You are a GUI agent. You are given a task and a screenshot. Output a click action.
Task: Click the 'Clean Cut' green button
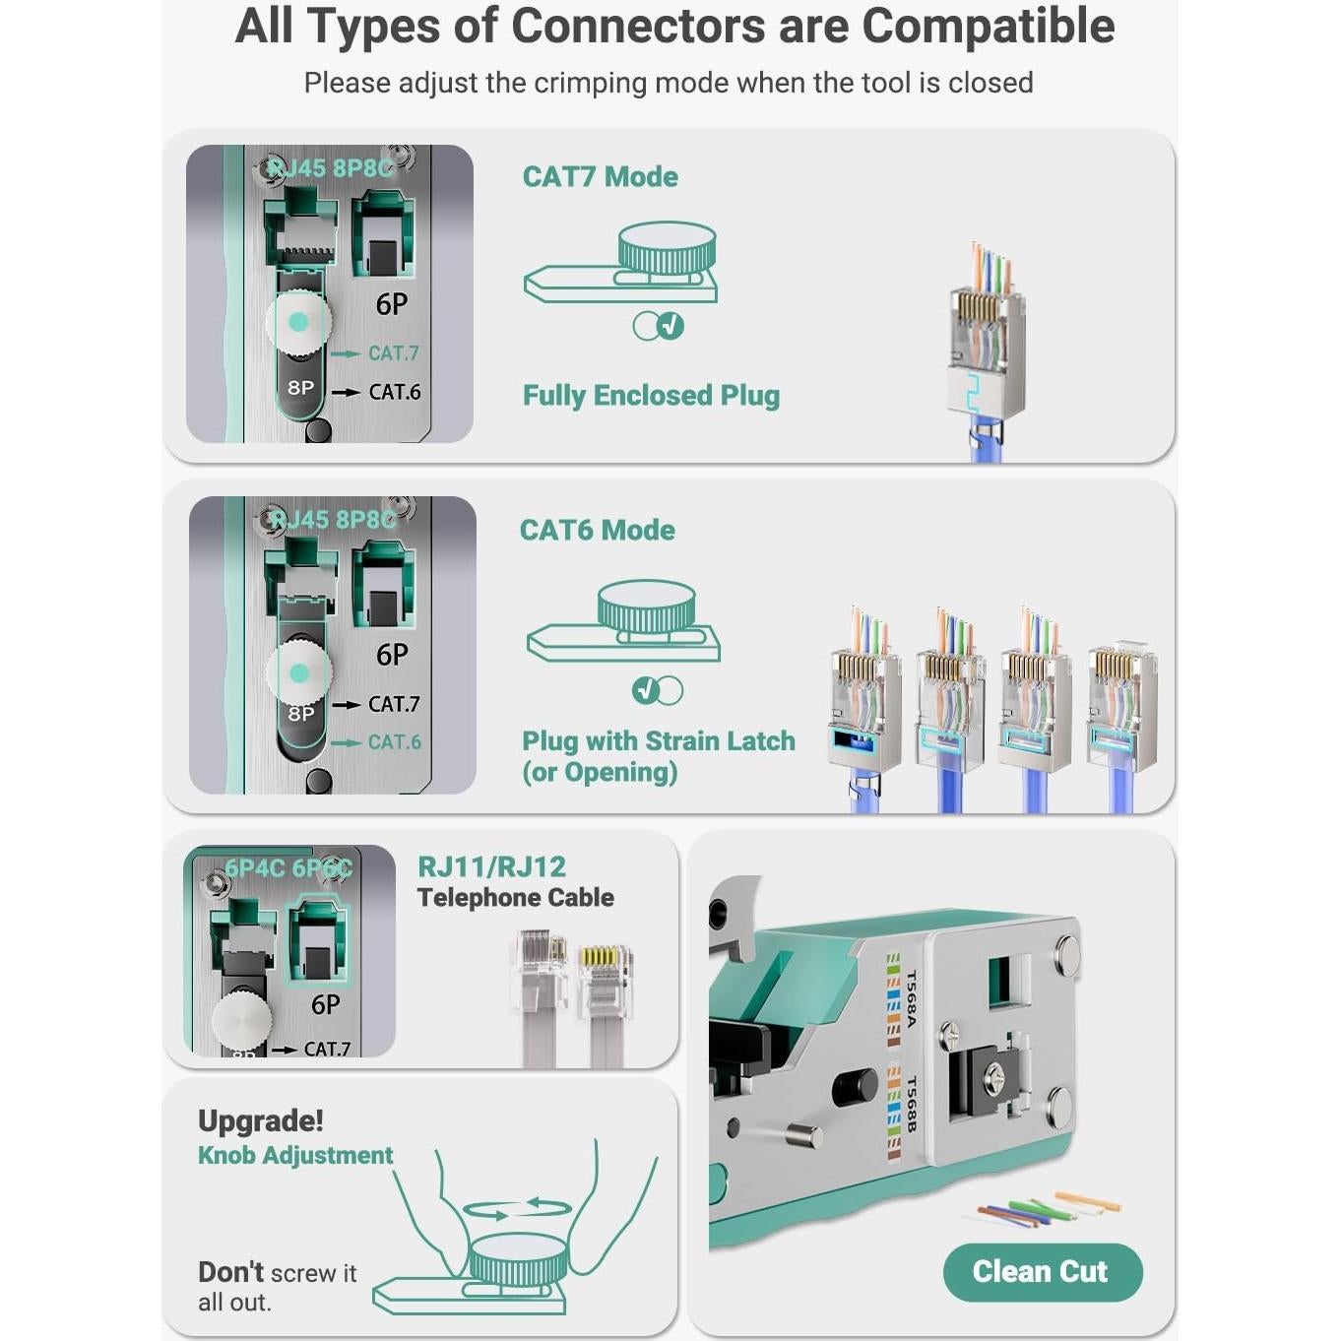1042,1271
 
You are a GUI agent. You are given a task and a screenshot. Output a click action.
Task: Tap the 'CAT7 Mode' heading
600,177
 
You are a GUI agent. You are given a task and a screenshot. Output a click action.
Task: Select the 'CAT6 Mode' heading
597,531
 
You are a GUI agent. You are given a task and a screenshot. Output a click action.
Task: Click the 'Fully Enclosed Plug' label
651,396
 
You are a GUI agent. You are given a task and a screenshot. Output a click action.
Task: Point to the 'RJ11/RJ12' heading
491,866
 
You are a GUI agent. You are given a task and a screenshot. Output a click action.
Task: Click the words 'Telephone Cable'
515,898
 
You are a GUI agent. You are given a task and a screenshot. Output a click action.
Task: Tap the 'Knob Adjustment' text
294,1156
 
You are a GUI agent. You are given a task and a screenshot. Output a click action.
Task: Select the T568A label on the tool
911,998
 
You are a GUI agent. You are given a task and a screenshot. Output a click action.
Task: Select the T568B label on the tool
911,1104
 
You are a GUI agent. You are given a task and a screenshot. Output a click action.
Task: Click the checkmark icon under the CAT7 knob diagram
670,326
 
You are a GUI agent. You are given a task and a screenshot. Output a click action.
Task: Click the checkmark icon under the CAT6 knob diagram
645,690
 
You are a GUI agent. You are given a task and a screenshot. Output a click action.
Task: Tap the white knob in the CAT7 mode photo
298,323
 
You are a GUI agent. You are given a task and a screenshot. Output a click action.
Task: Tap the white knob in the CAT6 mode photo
298,673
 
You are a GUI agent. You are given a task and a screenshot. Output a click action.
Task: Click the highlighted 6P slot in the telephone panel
318,940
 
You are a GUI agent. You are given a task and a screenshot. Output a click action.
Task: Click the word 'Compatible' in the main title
988,27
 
